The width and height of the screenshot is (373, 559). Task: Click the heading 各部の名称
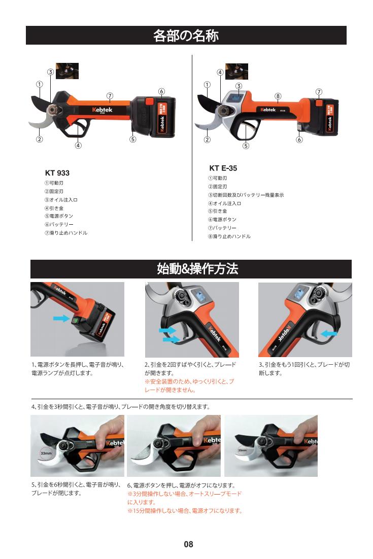pos(186,36)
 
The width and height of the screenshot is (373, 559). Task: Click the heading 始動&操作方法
pos(197,269)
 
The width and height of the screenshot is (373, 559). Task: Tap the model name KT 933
pos(57,173)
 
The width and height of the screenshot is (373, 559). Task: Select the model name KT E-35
pos(223,168)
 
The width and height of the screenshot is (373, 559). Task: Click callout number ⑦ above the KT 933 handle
pos(110,95)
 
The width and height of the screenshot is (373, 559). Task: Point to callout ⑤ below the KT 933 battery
pos(132,139)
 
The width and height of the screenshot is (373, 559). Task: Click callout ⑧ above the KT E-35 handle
pos(278,96)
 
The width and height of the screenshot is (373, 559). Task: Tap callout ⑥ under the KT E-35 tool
pos(299,140)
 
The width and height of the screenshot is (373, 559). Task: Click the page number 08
pos(188,544)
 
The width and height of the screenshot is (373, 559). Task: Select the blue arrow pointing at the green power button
pos(61,318)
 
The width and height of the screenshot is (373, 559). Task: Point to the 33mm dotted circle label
pos(46,453)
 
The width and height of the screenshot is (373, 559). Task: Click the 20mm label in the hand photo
pos(243,450)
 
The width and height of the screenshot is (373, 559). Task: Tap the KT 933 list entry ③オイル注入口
pos(61,200)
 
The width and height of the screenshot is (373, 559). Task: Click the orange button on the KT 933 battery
pos(149,101)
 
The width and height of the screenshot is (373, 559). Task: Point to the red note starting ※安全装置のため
pos(189,386)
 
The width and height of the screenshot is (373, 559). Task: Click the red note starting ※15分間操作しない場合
pos(185,511)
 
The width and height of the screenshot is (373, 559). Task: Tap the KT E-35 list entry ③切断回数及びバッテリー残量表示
pos(246,195)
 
